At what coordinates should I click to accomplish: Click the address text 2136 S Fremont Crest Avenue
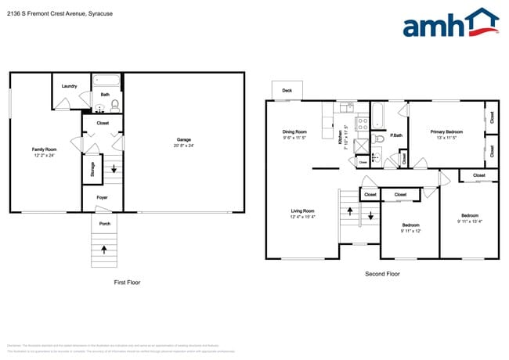point(55,11)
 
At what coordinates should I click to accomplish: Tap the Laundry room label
point(68,85)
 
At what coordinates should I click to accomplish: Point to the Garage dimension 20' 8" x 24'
point(183,146)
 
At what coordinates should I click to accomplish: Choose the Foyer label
point(102,197)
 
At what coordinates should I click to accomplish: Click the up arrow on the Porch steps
point(104,250)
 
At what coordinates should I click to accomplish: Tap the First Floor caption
point(126,282)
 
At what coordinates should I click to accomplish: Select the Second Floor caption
point(382,274)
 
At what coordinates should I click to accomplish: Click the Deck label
point(287,91)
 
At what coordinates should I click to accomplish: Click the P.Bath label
point(396,135)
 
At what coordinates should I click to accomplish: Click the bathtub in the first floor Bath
point(105,80)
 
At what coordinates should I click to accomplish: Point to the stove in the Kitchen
point(363,122)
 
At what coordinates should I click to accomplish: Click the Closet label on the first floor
point(103,123)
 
